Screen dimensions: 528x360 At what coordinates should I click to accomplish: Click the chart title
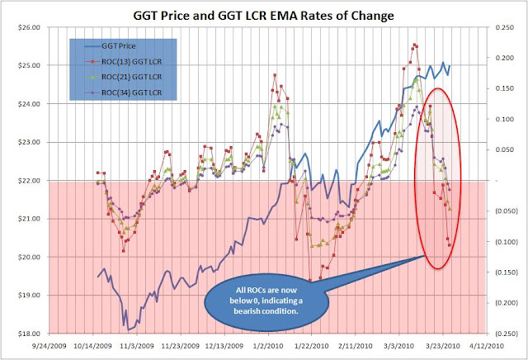pos(264,16)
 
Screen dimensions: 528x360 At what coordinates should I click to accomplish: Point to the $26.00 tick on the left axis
pos(30,27)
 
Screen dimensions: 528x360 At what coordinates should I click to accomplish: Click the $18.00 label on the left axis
pos(30,334)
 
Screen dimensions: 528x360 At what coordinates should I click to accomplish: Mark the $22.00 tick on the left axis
pos(30,181)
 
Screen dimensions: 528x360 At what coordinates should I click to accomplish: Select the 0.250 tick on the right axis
pos(505,27)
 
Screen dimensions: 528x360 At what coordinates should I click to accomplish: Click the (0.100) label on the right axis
pos(505,242)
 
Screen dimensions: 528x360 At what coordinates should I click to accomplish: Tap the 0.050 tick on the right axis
pos(505,149)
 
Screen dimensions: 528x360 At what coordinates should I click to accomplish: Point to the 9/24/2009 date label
pos(49,346)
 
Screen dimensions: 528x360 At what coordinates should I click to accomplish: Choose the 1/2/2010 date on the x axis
pos(268,346)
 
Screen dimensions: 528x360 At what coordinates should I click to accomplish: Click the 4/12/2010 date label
pos(486,346)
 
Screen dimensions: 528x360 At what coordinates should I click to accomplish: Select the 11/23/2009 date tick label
pos(181,346)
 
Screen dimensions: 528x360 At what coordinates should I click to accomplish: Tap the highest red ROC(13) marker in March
pos(414,45)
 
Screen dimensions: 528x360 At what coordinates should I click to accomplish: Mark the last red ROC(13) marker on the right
pos(449,245)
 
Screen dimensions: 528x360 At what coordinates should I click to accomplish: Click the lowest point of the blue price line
pos(129,329)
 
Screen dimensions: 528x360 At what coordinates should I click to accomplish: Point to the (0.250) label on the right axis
pos(505,334)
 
